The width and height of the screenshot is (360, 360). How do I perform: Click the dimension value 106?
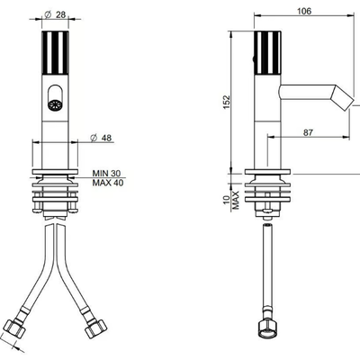tap(304, 12)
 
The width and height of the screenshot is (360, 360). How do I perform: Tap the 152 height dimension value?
tap(227, 102)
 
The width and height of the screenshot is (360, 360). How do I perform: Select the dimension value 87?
tap(308, 132)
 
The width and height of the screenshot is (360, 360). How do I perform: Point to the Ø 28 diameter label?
tap(55, 14)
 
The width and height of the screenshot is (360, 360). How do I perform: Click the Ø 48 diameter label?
tap(101, 138)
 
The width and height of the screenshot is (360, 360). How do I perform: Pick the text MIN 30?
tap(106, 174)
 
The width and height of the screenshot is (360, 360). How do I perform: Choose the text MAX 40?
tap(108, 183)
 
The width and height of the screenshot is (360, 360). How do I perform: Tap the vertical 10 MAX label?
tap(231, 200)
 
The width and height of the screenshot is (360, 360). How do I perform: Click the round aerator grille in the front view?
tap(55, 105)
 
